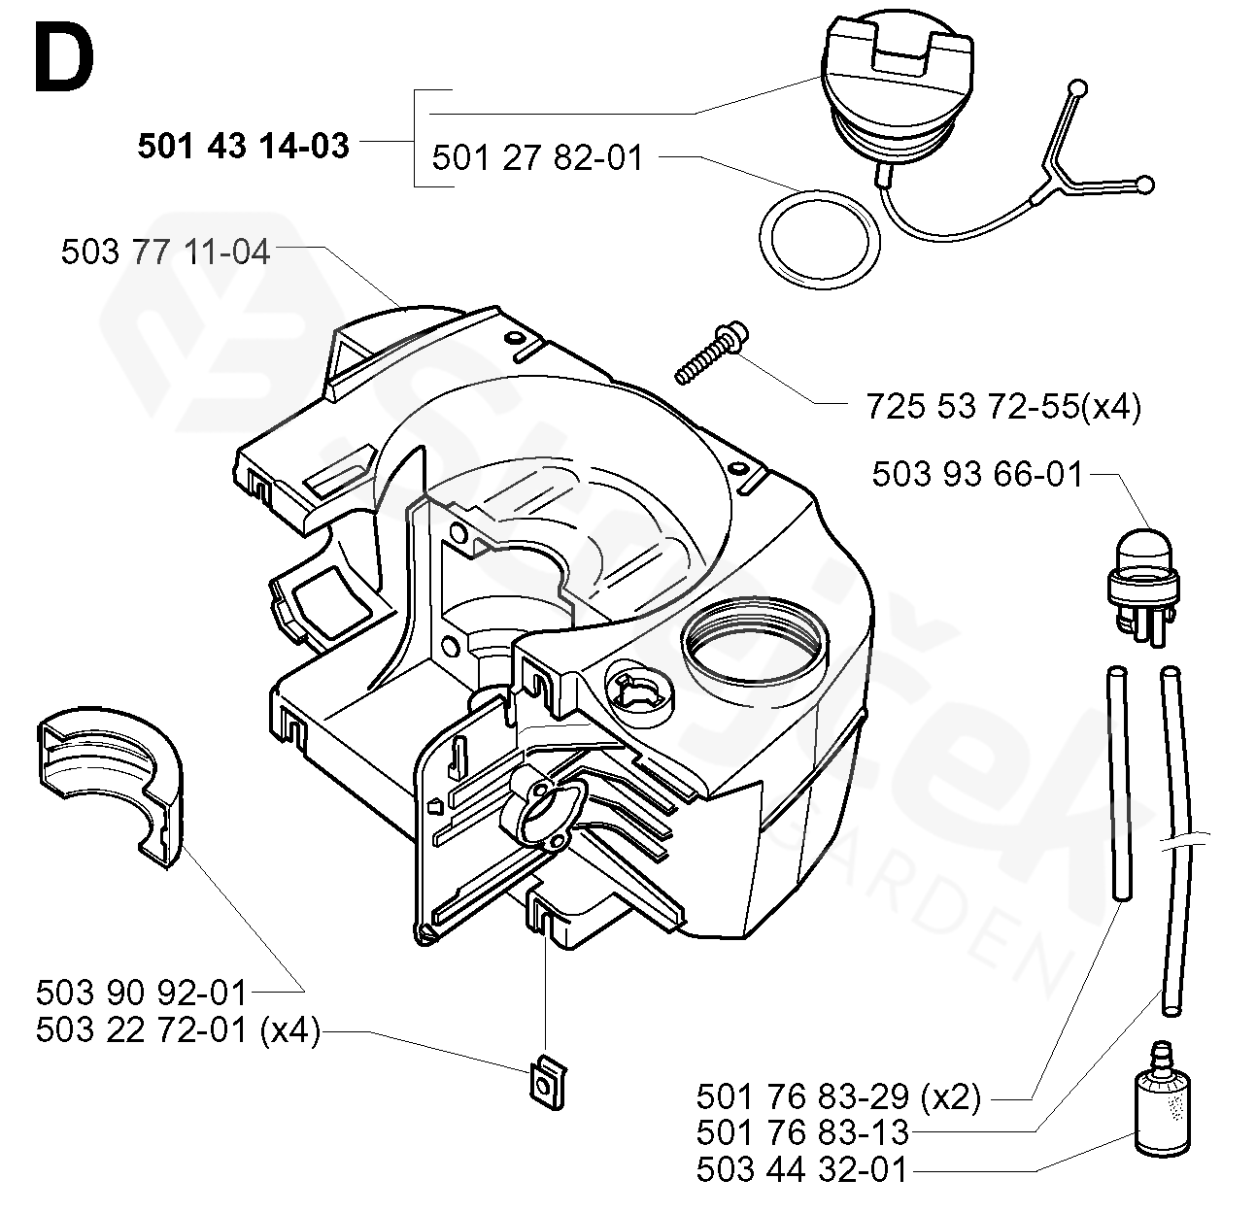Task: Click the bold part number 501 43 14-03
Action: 243,146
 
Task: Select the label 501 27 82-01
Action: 537,158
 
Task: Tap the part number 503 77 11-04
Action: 165,252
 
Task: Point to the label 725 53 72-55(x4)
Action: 1003,407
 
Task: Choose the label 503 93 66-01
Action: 977,474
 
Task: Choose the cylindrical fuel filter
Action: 1162,1111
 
